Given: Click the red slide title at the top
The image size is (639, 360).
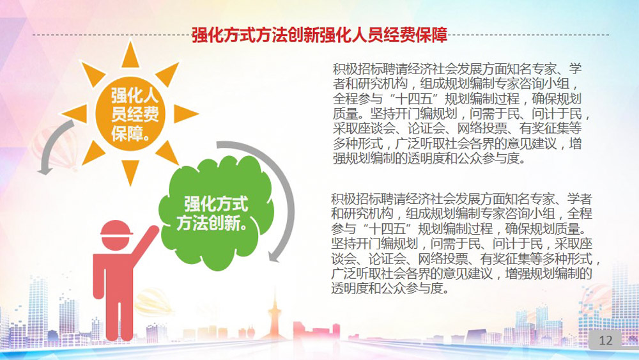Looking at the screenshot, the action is [319, 35].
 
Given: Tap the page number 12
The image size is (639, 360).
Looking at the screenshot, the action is [606, 340].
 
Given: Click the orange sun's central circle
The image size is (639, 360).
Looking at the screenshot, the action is [130, 114].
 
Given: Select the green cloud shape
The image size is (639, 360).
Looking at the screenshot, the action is [216, 213].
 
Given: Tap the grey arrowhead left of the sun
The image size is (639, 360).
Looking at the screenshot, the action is [45, 169].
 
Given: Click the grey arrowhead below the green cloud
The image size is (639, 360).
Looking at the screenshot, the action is [274, 256].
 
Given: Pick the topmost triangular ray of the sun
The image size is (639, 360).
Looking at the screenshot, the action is [130, 55].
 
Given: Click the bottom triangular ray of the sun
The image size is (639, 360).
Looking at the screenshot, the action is [130, 172].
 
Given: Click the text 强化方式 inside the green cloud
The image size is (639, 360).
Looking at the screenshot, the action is [216, 204].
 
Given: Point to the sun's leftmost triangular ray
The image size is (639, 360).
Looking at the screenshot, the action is [75, 114].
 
